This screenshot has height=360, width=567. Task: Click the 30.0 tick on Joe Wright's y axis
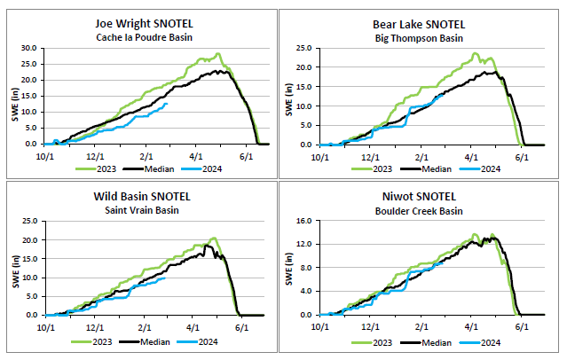coord(29,48)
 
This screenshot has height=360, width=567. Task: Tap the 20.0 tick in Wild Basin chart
coord(29,240)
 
